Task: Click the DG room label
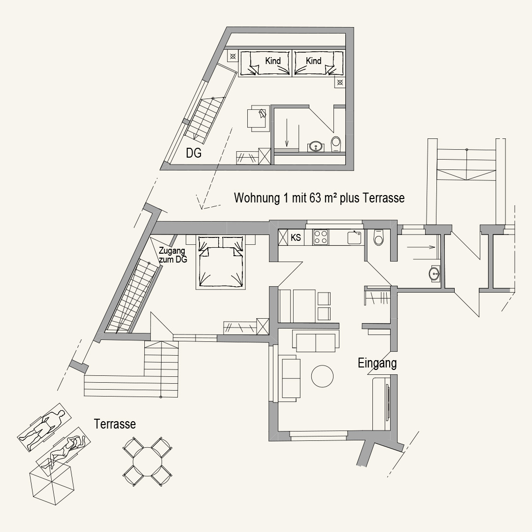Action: tap(194, 153)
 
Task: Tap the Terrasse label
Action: tap(115, 424)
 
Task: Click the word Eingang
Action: tap(377, 364)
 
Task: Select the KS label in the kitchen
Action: tap(296, 237)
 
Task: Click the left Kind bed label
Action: tap(273, 61)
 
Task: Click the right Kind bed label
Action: tap(313, 61)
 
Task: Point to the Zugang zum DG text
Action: tap(173, 255)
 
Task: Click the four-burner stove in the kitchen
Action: tap(321, 237)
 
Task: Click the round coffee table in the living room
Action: tap(322, 376)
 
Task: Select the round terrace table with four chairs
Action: tap(147, 462)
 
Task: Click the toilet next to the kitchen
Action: tap(379, 237)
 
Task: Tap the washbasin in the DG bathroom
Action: tap(316, 147)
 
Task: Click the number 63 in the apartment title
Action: tap(315, 198)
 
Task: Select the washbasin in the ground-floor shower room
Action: tap(434, 273)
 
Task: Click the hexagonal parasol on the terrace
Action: tap(52, 481)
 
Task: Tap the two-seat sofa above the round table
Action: tap(316, 341)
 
